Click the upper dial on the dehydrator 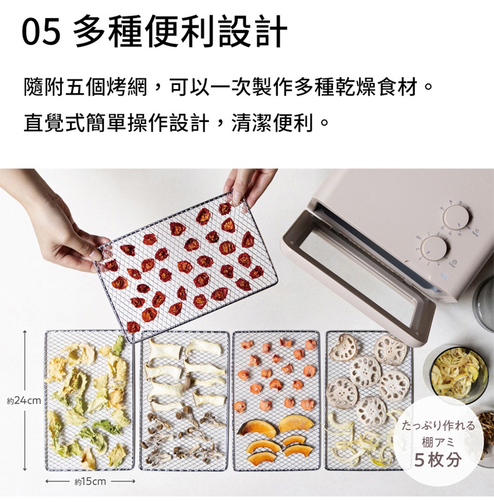[x=455, y=217]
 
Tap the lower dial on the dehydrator [x=434, y=248]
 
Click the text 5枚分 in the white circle [x=438, y=460]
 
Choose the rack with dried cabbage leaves [x=89, y=400]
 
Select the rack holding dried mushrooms [x=184, y=400]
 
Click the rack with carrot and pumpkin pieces [x=276, y=400]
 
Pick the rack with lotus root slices [x=368, y=390]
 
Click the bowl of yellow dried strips [x=457, y=373]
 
